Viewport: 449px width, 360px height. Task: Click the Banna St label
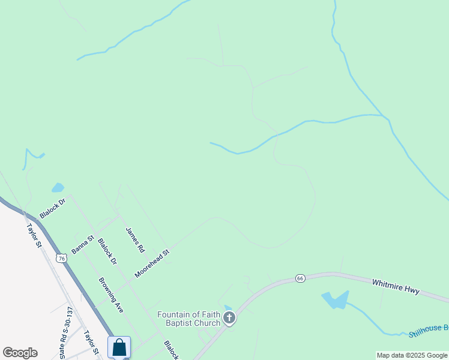pyautogui.click(x=83, y=244)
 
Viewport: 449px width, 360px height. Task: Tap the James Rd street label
pyautogui.click(x=135, y=239)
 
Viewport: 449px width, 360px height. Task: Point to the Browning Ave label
pyautogui.click(x=111, y=295)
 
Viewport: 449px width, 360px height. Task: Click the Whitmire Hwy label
pyautogui.click(x=396, y=286)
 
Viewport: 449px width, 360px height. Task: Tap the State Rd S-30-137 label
pyautogui.click(x=65, y=332)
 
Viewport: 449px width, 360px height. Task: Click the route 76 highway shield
pyautogui.click(x=61, y=258)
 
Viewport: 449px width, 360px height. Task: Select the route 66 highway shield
pyautogui.click(x=301, y=278)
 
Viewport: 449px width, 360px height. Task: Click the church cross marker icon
pyautogui.click(x=229, y=318)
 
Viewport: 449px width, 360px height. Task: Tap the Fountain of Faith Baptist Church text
pyautogui.click(x=188, y=319)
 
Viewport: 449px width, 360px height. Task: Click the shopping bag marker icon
pyautogui.click(x=119, y=347)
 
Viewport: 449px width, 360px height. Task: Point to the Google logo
pyautogui.click(x=20, y=353)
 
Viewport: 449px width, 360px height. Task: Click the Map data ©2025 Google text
pyautogui.click(x=412, y=355)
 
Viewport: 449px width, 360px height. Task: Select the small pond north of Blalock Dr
pyautogui.click(x=58, y=188)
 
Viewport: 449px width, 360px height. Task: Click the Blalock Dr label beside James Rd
pyautogui.click(x=107, y=252)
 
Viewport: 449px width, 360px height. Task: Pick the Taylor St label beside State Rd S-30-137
pyautogui.click(x=91, y=343)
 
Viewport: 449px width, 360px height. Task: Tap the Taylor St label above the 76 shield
pyautogui.click(x=34, y=236)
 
